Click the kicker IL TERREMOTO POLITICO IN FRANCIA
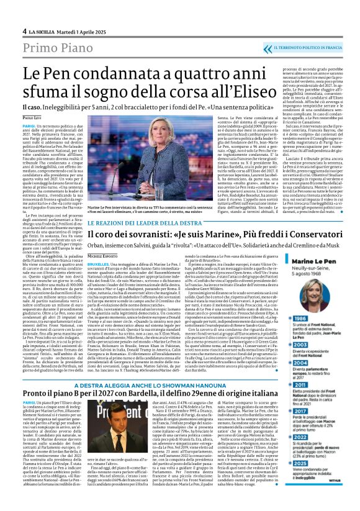point(313,47)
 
